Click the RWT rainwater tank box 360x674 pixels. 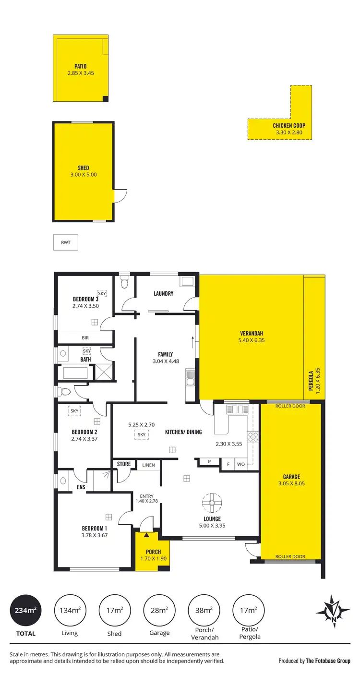(x=65, y=242)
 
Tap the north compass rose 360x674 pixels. (x=332, y=611)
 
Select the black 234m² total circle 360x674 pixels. (x=25, y=610)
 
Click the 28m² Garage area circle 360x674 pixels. (x=159, y=610)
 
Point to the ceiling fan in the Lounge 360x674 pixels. (x=212, y=503)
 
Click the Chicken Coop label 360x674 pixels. (x=289, y=126)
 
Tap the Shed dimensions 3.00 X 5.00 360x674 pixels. (x=83, y=175)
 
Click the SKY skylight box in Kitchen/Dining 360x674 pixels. (x=141, y=434)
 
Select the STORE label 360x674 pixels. (x=124, y=464)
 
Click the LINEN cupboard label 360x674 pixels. (x=148, y=465)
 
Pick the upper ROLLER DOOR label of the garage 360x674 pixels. (x=290, y=406)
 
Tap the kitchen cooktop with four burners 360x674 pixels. (x=252, y=437)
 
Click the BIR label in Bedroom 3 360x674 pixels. (x=84, y=338)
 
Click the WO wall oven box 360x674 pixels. (x=241, y=465)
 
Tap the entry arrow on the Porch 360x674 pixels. (x=146, y=534)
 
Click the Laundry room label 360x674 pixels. (x=163, y=294)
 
